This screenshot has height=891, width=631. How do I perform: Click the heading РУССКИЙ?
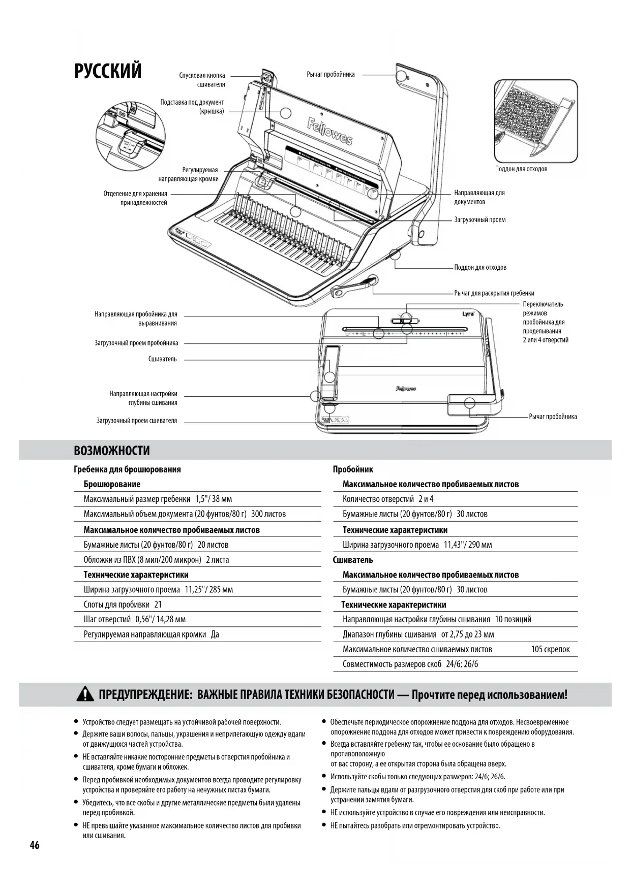point(108,71)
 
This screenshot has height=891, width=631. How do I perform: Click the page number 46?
point(35,845)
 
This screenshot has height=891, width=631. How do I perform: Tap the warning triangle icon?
point(85,694)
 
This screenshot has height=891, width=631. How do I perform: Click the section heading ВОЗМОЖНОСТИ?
point(112,451)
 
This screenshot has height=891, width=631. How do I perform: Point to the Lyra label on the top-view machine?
point(468,313)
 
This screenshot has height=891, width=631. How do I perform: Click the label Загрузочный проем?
point(479,220)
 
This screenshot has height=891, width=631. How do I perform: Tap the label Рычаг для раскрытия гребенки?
point(494,293)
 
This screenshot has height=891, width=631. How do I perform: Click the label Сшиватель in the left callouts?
point(163,359)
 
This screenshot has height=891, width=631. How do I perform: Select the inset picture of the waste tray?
point(536,121)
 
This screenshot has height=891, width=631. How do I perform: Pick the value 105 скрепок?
point(550,649)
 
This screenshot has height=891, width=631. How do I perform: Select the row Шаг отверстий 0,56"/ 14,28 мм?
point(135,619)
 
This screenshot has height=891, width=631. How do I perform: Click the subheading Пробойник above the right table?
point(353,469)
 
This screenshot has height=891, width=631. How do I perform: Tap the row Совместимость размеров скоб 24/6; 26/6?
point(410,664)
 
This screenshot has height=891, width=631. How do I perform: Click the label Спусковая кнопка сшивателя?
point(202,80)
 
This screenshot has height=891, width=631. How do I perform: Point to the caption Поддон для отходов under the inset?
point(521,169)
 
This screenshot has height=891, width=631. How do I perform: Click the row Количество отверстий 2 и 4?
point(388,499)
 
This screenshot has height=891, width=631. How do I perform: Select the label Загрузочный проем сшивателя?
point(137,421)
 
